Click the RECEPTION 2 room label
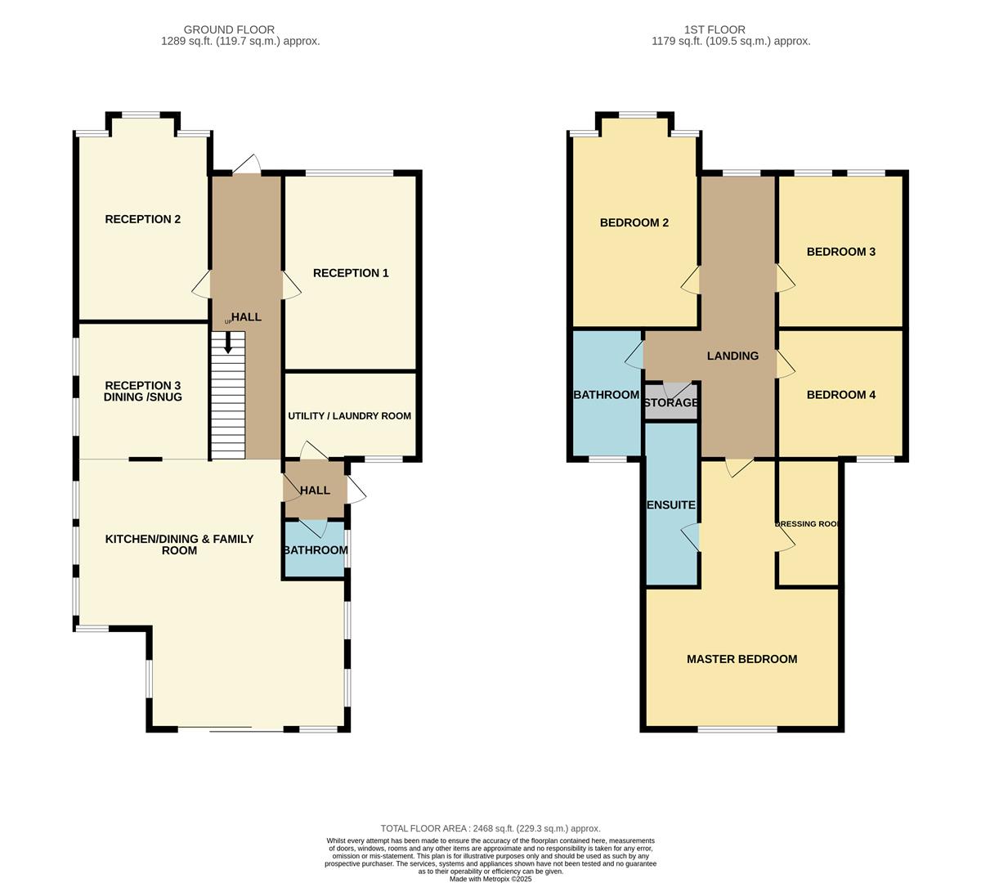click(x=143, y=219)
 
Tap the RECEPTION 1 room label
click(x=351, y=273)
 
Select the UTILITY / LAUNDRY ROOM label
click(x=349, y=416)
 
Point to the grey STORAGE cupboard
click(x=671, y=401)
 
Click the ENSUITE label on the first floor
click(x=671, y=504)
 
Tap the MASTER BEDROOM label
click(x=741, y=659)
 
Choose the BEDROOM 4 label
click(x=840, y=395)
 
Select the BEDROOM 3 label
click(x=840, y=252)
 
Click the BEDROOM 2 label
click(x=634, y=222)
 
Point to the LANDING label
click(x=732, y=356)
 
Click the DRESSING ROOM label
click(x=808, y=524)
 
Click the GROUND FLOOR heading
click(x=229, y=29)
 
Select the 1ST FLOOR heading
click(x=714, y=29)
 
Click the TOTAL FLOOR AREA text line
click(x=490, y=828)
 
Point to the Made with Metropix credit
click(x=490, y=879)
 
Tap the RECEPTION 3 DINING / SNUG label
click(x=143, y=392)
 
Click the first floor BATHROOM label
click(x=607, y=395)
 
